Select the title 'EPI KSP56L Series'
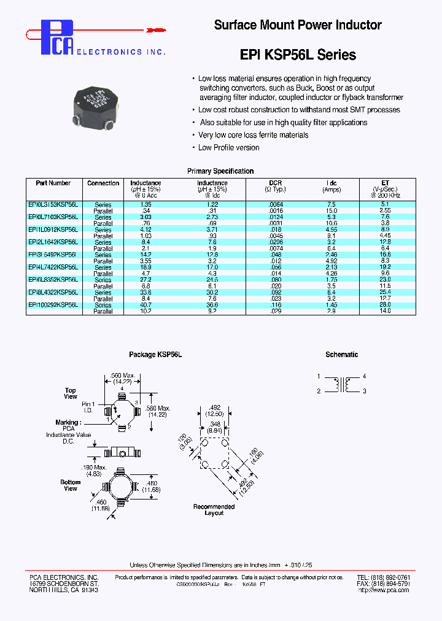point(297,55)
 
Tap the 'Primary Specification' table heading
point(220,171)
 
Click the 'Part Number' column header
point(53,183)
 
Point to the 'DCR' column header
point(275,183)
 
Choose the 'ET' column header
point(386,183)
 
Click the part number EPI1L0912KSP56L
point(53,229)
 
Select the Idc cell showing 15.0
point(331,210)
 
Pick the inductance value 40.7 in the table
point(145,305)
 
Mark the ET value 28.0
point(385,305)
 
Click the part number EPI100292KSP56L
point(53,305)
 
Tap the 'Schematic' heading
point(341,355)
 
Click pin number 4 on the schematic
point(364,376)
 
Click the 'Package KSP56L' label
point(155,355)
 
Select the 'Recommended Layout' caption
point(214,509)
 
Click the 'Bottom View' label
point(71,485)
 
